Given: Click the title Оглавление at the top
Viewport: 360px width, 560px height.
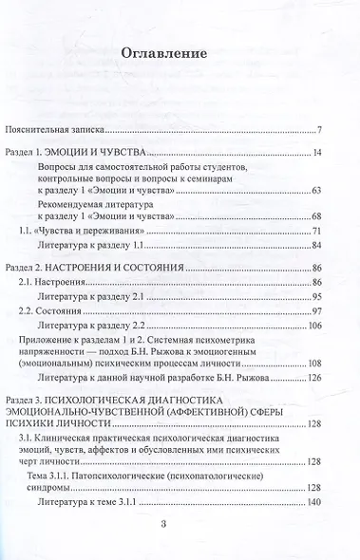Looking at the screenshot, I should (x=180, y=55).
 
